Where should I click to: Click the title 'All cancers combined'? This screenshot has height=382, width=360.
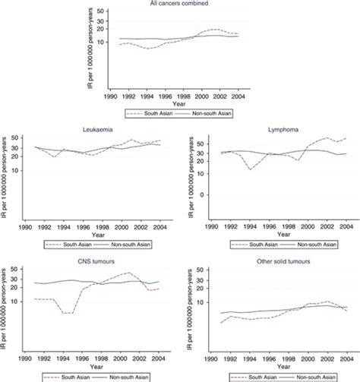180,5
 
